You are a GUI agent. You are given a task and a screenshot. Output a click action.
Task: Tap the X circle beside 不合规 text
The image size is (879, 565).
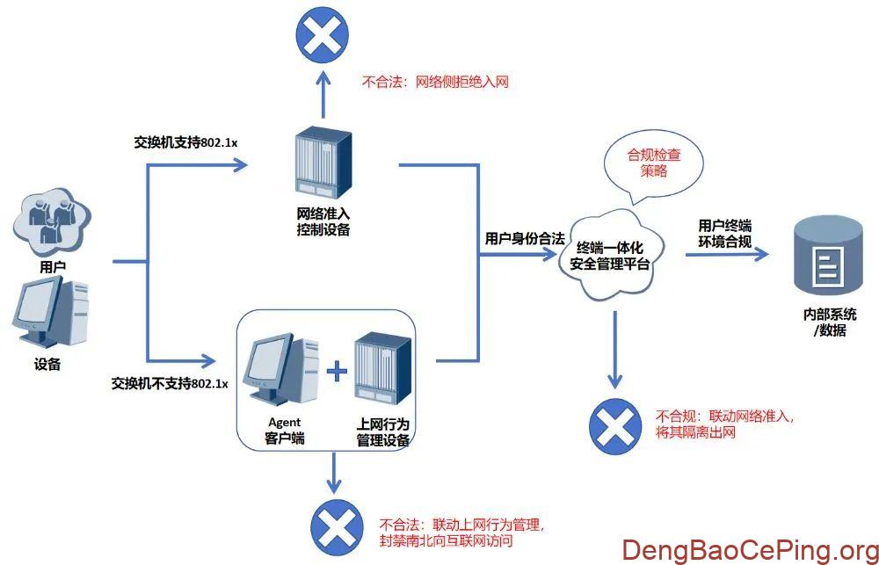(x=615, y=427)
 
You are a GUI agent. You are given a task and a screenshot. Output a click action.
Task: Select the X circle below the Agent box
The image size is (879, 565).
(x=333, y=527)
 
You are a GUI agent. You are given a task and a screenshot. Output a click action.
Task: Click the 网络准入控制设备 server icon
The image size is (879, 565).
(x=323, y=161)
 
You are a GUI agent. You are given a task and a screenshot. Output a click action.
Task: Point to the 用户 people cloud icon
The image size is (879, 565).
(x=52, y=221)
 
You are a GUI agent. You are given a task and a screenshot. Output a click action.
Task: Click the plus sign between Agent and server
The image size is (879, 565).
(x=338, y=373)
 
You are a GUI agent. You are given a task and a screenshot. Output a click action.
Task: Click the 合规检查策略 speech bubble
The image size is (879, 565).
(x=652, y=161)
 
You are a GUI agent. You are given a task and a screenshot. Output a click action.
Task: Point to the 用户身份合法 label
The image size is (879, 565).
(x=524, y=238)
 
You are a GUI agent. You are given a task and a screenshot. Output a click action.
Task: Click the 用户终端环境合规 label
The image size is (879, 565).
(x=724, y=233)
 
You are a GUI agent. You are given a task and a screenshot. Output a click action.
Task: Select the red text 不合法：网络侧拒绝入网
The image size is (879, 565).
(x=435, y=82)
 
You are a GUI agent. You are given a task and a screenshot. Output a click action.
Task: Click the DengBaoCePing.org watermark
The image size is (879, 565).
(x=750, y=550)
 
